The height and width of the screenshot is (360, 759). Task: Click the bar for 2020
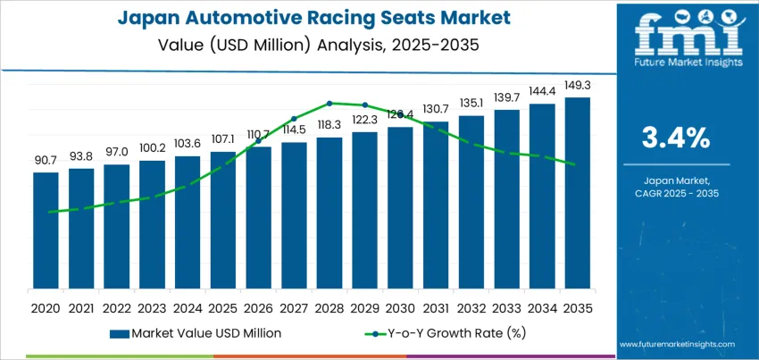46,230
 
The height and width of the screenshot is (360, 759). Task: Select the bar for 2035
578,193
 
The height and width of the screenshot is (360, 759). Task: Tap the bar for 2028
329,213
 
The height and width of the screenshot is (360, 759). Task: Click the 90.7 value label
46,161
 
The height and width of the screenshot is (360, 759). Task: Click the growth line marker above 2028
329,103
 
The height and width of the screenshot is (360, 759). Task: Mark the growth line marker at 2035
578,164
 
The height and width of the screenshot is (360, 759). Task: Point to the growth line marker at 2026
259,141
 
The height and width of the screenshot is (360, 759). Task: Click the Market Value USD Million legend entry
196,332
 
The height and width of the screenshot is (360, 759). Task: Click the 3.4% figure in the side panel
676,138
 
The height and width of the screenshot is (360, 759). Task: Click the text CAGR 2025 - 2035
676,193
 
